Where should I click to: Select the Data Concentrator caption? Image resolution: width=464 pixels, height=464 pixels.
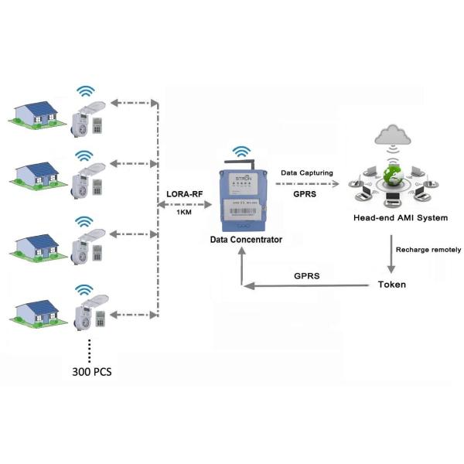[x=246, y=240]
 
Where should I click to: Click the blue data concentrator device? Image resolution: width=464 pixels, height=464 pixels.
[x=244, y=197]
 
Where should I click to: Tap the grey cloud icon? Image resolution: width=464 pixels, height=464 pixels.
[x=393, y=137]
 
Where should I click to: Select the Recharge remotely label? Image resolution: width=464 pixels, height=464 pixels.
[x=428, y=250]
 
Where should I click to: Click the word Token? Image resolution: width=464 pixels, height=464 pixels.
[x=391, y=285]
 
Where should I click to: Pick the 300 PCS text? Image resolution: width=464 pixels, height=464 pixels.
[x=91, y=372]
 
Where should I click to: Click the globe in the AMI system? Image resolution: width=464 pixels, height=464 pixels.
[x=395, y=177]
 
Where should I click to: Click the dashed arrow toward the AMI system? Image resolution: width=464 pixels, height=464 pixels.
[x=307, y=184]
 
